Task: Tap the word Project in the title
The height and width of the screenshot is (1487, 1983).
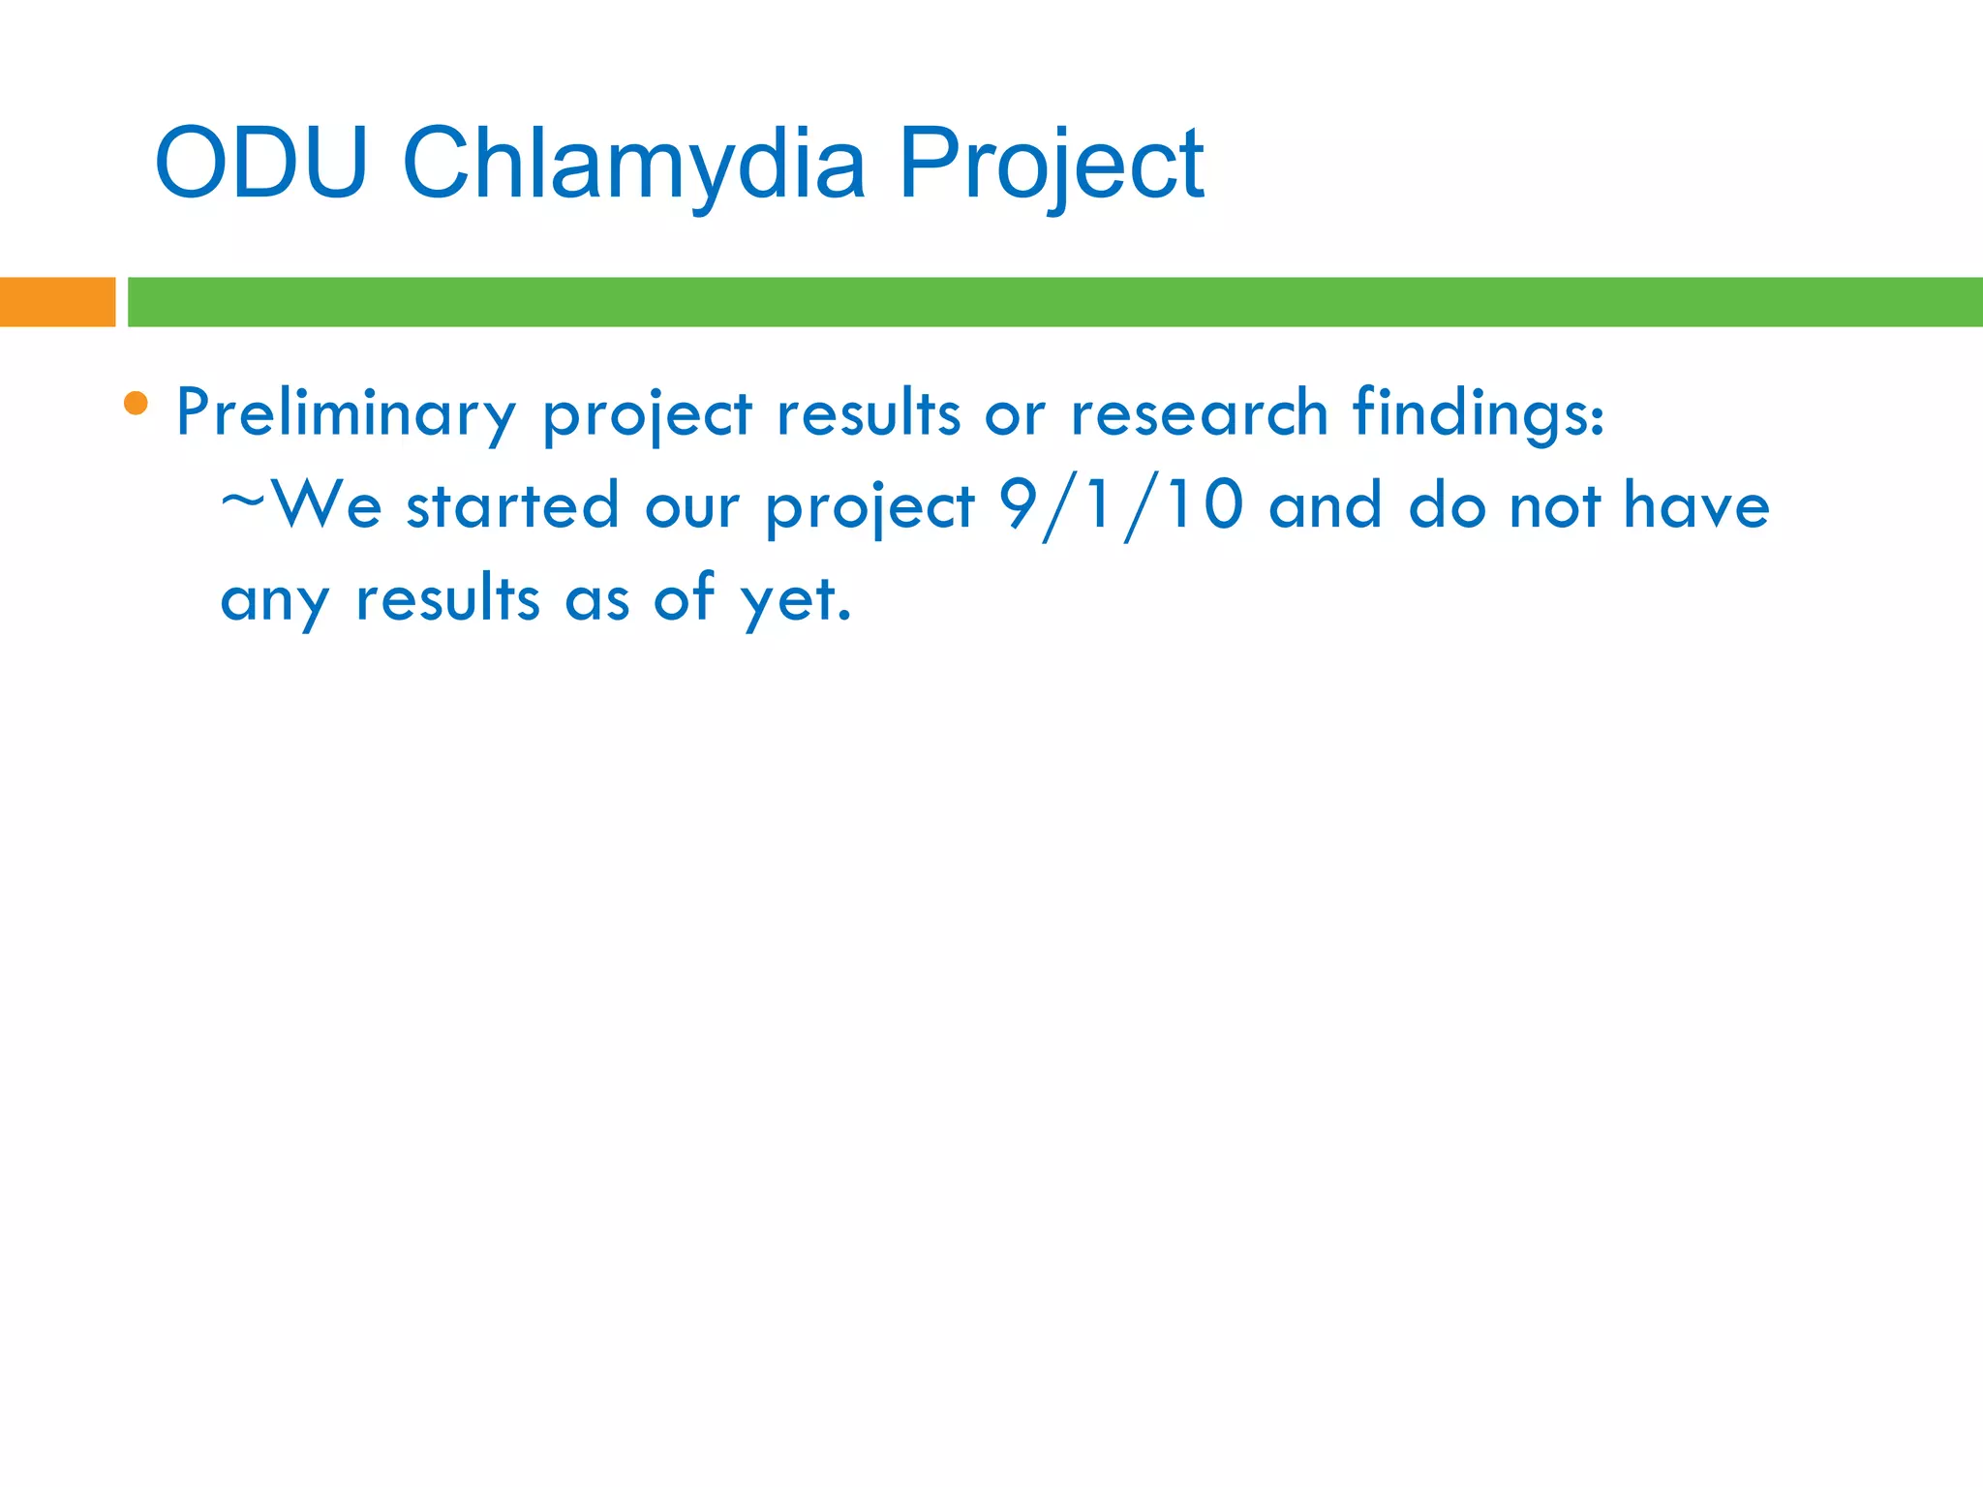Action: click(1051, 167)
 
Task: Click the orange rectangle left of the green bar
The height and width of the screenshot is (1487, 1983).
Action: click(57, 302)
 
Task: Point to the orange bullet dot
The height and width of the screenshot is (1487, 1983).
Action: click(137, 403)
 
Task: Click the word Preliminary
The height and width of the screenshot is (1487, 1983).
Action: click(346, 413)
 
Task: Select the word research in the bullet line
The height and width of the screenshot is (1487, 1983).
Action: click(1199, 413)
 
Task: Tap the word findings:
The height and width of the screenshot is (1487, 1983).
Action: click(1479, 413)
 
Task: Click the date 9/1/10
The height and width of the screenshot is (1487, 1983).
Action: click(1121, 506)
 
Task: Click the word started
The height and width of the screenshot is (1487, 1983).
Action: click(512, 505)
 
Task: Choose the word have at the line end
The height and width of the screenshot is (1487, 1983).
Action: click(1696, 505)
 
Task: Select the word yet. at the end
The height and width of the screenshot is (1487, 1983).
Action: click(796, 599)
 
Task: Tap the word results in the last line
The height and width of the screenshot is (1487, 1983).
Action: click(448, 597)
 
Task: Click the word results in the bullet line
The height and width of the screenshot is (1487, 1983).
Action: click(869, 413)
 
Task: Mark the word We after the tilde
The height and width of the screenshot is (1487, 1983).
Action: click(327, 505)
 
